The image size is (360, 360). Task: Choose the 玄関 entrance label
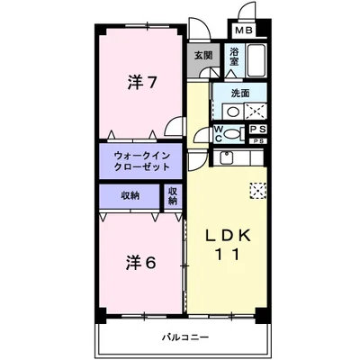pyautogui.click(x=202, y=55)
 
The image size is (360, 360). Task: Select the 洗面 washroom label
pyautogui.click(x=240, y=94)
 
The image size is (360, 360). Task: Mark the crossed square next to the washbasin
pyautogui.click(x=255, y=112)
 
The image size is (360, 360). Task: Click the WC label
pyautogui.click(x=218, y=133)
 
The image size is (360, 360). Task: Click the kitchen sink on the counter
pyautogui.click(x=226, y=160)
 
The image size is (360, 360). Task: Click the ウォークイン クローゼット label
pyautogui.click(x=136, y=162)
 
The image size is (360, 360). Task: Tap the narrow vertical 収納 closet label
pyautogui.click(x=172, y=195)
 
